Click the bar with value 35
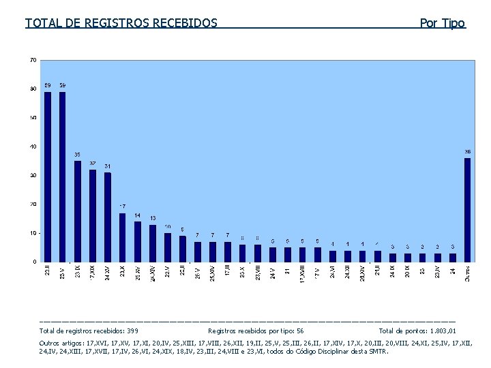[78, 211]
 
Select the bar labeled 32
[93, 215]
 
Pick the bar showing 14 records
[138, 241]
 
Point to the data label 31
[108, 166]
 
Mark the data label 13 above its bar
[153, 218]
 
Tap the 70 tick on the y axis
[33, 60]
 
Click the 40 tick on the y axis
[33, 147]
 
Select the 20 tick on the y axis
[33, 204]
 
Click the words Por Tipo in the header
[443, 23]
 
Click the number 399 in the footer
[132, 330]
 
